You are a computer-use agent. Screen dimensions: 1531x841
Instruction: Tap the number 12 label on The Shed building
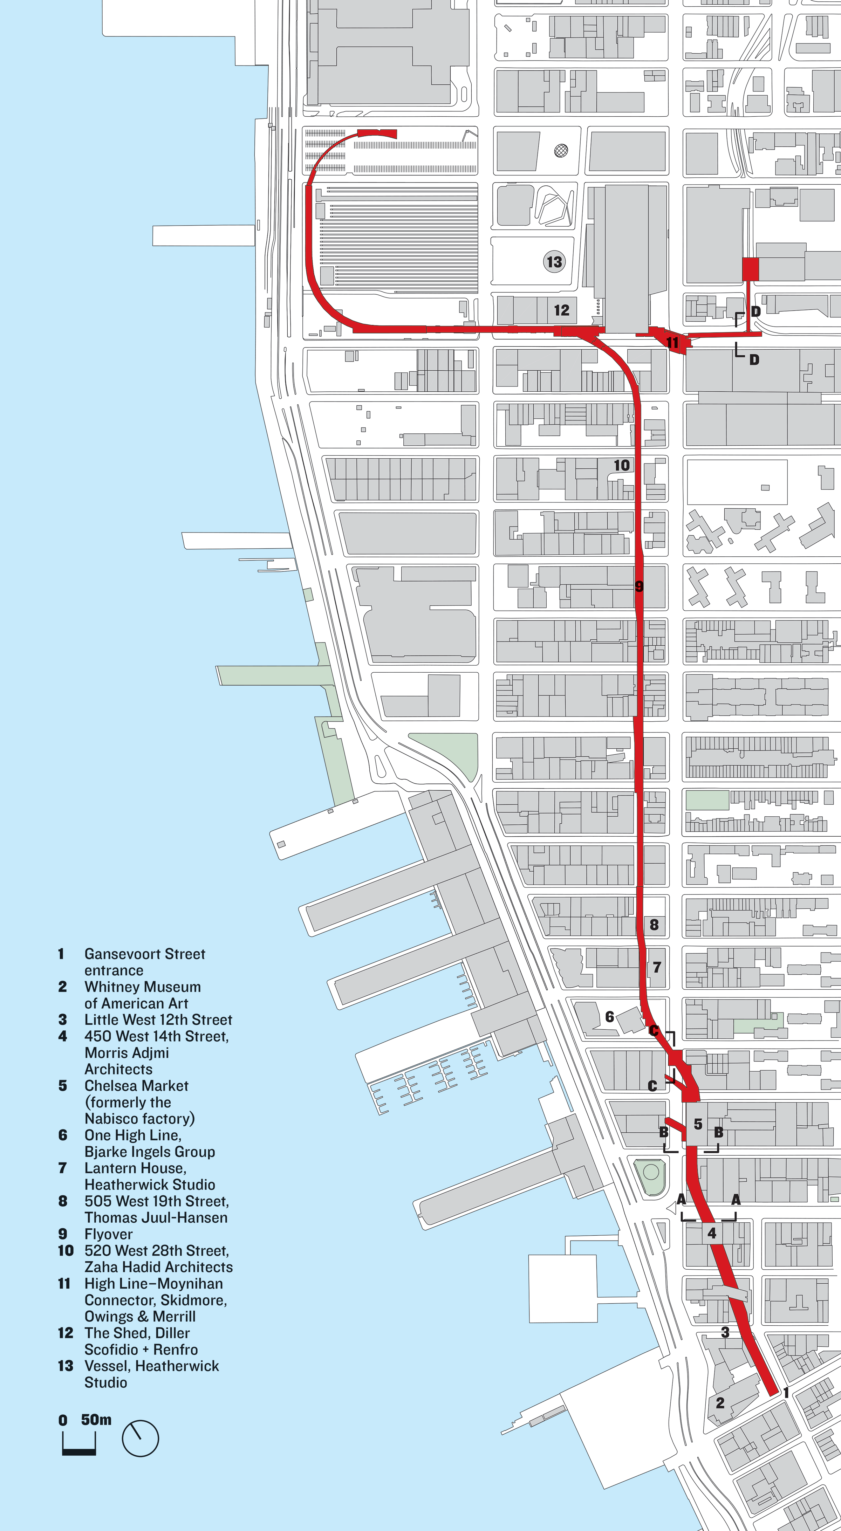(x=562, y=310)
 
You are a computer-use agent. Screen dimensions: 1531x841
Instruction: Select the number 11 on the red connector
(x=672, y=343)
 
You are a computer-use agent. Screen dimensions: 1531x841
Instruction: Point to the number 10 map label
(x=622, y=465)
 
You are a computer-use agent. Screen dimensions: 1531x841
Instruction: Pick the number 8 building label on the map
(x=654, y=924)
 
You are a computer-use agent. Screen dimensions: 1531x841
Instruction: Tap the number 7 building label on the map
(x=657, y=967)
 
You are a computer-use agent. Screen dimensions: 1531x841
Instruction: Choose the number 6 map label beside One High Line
(x=609, y=1017)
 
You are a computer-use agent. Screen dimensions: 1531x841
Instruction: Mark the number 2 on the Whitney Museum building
(x=720, y=1403)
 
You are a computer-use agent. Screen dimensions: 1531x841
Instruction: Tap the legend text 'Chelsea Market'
(x=136, y=1086)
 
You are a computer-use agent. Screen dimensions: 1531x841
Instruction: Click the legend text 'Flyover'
(x=108, y=1234)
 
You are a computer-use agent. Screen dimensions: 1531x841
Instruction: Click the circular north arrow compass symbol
(x=140, y=1438)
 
